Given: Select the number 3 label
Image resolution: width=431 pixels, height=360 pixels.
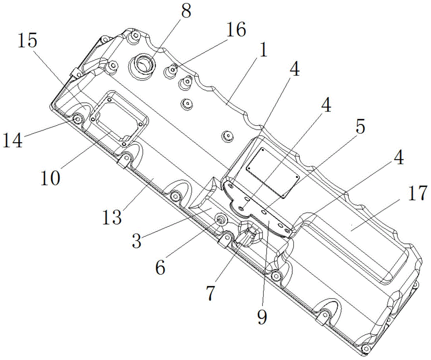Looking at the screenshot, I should (x=137, y=241).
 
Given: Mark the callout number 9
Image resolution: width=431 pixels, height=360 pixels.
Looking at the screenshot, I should (x=262, y=317).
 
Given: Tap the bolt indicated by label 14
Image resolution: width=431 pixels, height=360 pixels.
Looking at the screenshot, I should (x=78, y=119).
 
